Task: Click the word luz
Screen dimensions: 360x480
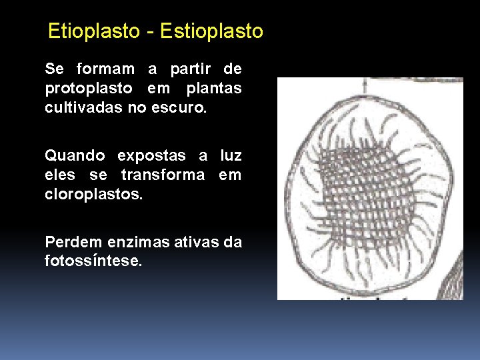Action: (230, 155)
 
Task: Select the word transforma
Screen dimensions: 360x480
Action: (164, 175)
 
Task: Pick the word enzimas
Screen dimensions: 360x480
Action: (135, 242)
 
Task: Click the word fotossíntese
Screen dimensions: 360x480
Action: (93, 261)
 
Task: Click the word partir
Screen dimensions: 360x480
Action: (190, 69)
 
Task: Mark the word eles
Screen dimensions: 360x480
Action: (60, 175)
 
